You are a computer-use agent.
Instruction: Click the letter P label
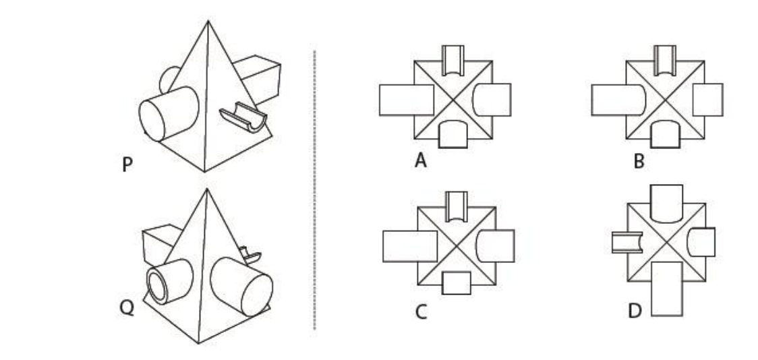pyautogui.click(x=127, y=164)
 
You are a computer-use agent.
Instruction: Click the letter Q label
pyautogui.click(x=127, y=307)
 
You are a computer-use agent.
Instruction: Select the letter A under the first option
pyautogui.click(x=421, y=160)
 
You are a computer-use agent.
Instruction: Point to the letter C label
pyautogui.click(x=421, y=312)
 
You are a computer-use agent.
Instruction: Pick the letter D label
pyautogui.click(x=635, y=311)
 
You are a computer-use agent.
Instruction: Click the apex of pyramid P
pyautogui.click(x=208, y=21)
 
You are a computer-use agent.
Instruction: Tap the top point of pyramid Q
pyautogui.click(x=207, y=189)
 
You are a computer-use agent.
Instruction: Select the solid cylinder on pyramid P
pyautogui.click(x=169, y=114)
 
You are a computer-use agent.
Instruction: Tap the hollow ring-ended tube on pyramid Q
pyautogui.click(x=169, y=281)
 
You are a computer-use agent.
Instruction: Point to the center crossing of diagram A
pyautogui.click(x=453, y=100)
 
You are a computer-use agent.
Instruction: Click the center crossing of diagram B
pyautogui.click(x=665, y=100)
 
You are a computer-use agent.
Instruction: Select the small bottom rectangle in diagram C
pyautogui.click(x=457, y=282)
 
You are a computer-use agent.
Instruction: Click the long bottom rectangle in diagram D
pyautogui.click(x=667, y=289)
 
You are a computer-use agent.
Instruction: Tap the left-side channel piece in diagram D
pyautogui.click(x=627, y=242)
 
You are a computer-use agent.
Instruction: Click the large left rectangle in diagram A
pyautogui.click(x=407, y=100)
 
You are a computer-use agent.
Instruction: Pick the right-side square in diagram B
pyautogui.click(x=707, y=100)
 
